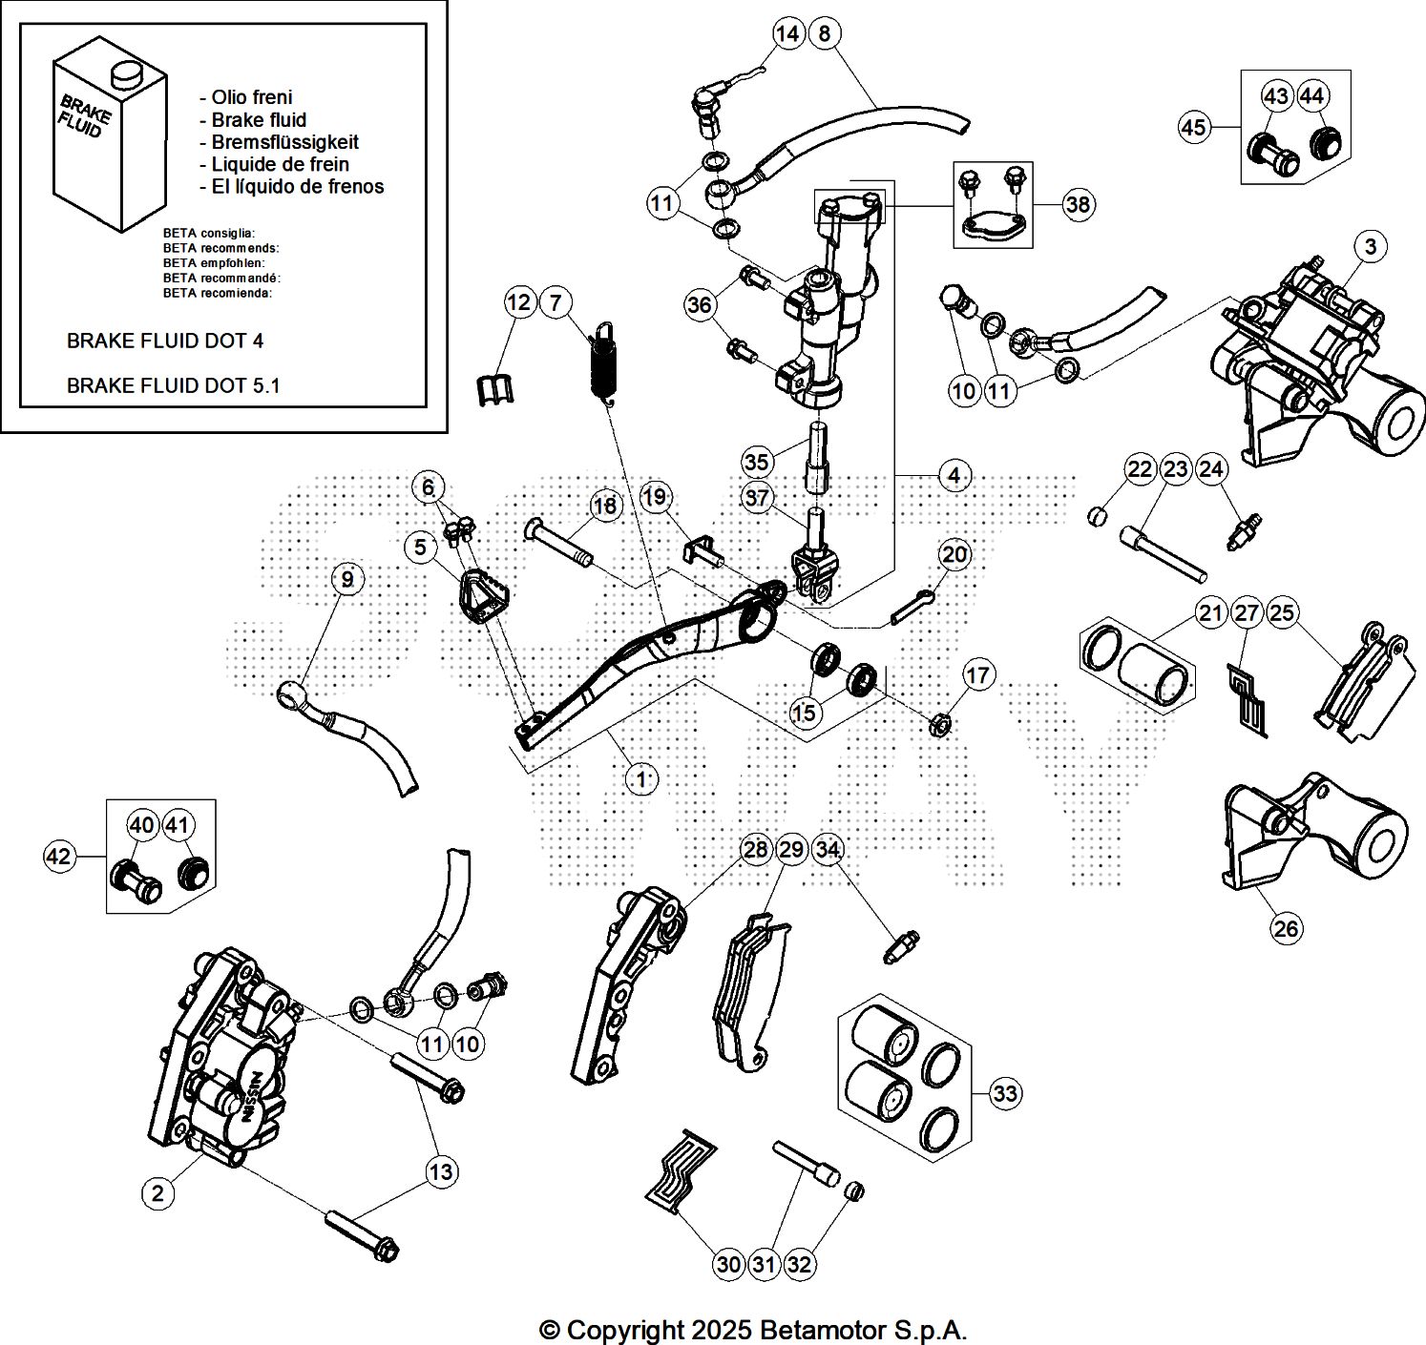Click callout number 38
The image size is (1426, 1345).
1078,204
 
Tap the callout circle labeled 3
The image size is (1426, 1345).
1371,247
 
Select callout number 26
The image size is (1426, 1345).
1287,928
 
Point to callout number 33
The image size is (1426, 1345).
1005,1092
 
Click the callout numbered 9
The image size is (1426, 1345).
347,579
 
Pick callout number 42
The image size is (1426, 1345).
59,857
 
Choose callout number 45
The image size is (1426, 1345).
1194,127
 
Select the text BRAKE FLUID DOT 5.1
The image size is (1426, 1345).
173,385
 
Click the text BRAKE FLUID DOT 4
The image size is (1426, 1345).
165,341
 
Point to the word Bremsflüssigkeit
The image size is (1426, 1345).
284,142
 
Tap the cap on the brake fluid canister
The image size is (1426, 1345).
124,73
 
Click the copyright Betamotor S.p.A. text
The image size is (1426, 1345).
753,1329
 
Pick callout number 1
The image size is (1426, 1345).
642,779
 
